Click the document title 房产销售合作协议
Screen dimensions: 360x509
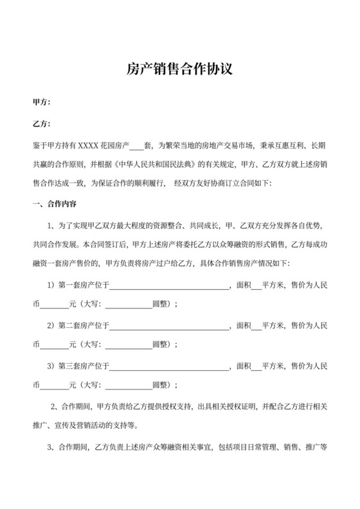coord(179,69)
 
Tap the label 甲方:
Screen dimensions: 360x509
coord(41,102)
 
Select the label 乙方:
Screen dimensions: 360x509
coord(41,124)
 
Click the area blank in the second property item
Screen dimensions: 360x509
coord(256,327)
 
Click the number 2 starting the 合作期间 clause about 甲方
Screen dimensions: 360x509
coord(53,407)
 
